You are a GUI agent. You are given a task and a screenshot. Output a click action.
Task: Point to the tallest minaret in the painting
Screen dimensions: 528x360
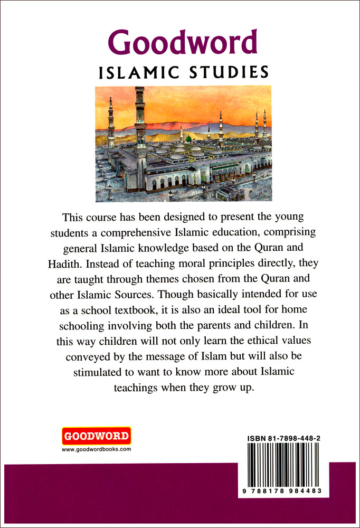140,132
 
